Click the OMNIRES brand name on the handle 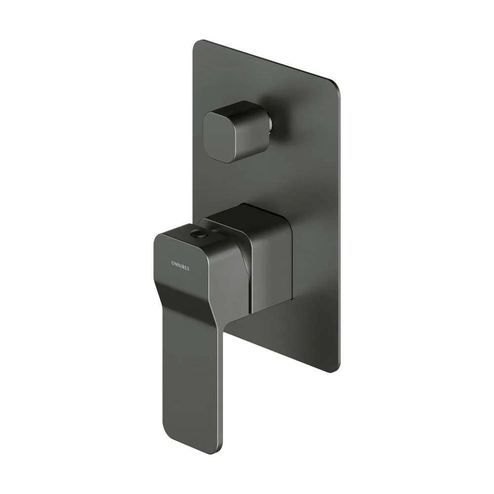180,266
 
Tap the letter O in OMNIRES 172,263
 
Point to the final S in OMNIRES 188,269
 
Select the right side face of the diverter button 249,132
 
